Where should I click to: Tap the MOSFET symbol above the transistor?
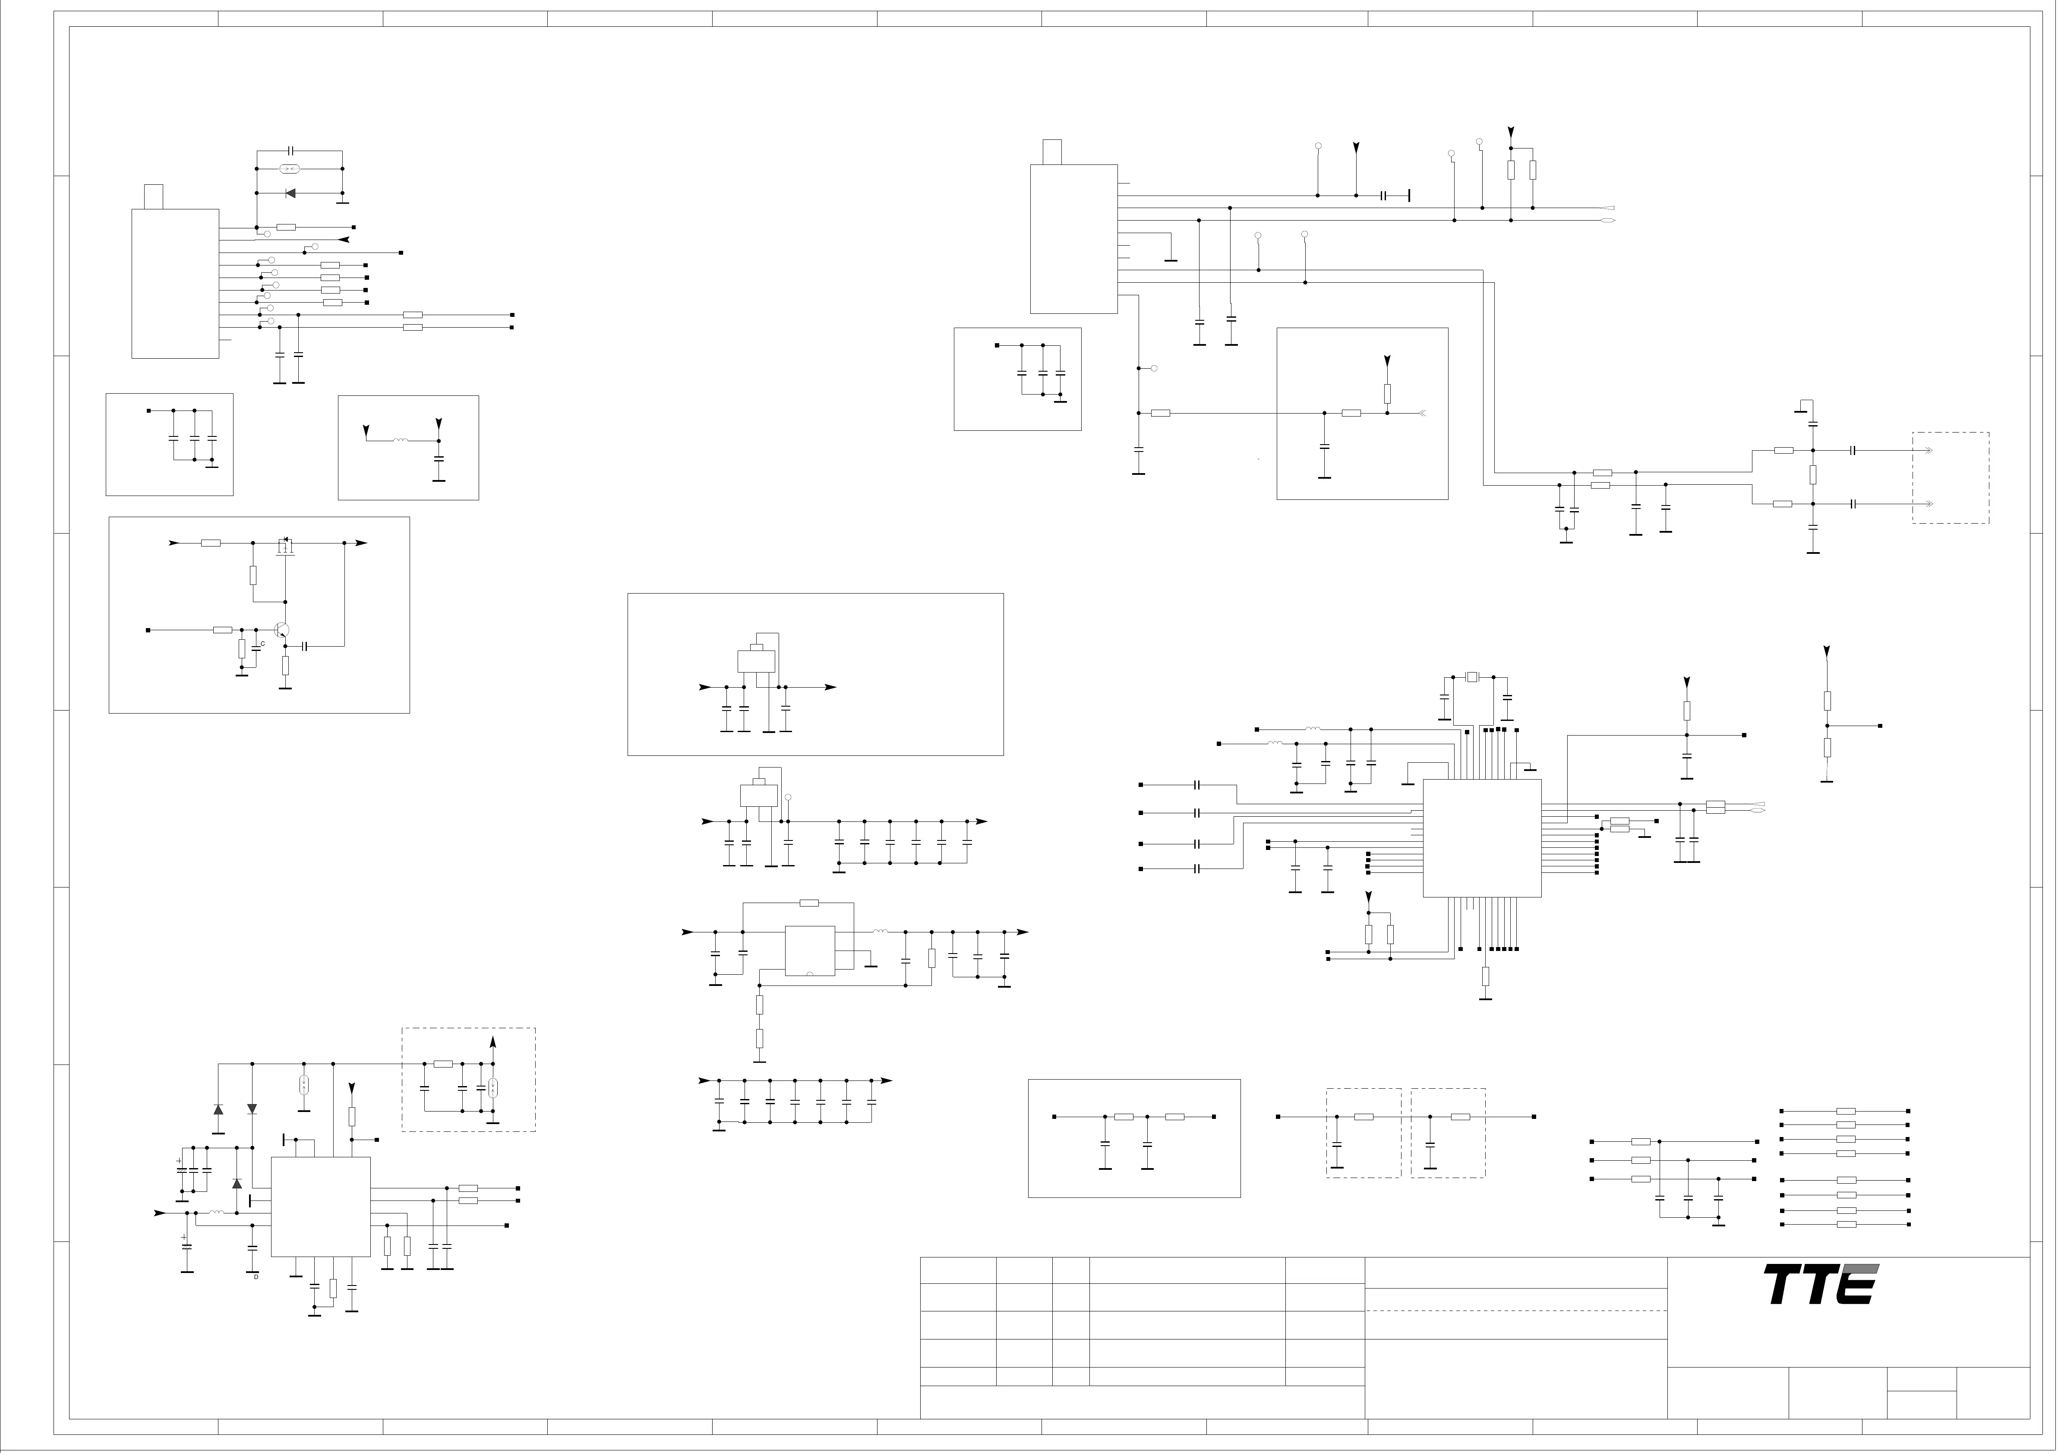click(x=286, y=546)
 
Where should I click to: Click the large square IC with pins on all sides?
click(x=1482, y=837)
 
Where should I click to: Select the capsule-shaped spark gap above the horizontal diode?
click(x=289, y=168)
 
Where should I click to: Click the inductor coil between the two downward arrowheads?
click(x=401, y=440)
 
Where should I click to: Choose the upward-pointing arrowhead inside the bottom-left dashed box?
click(x=492, y=1042)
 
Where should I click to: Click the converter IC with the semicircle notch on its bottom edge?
click(x=809, y=950)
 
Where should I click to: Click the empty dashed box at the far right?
click(x=1951, y=478)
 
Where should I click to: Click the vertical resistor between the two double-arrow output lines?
click(x=1812, y=475)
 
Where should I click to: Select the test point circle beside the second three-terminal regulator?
click(x=788, y=797)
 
